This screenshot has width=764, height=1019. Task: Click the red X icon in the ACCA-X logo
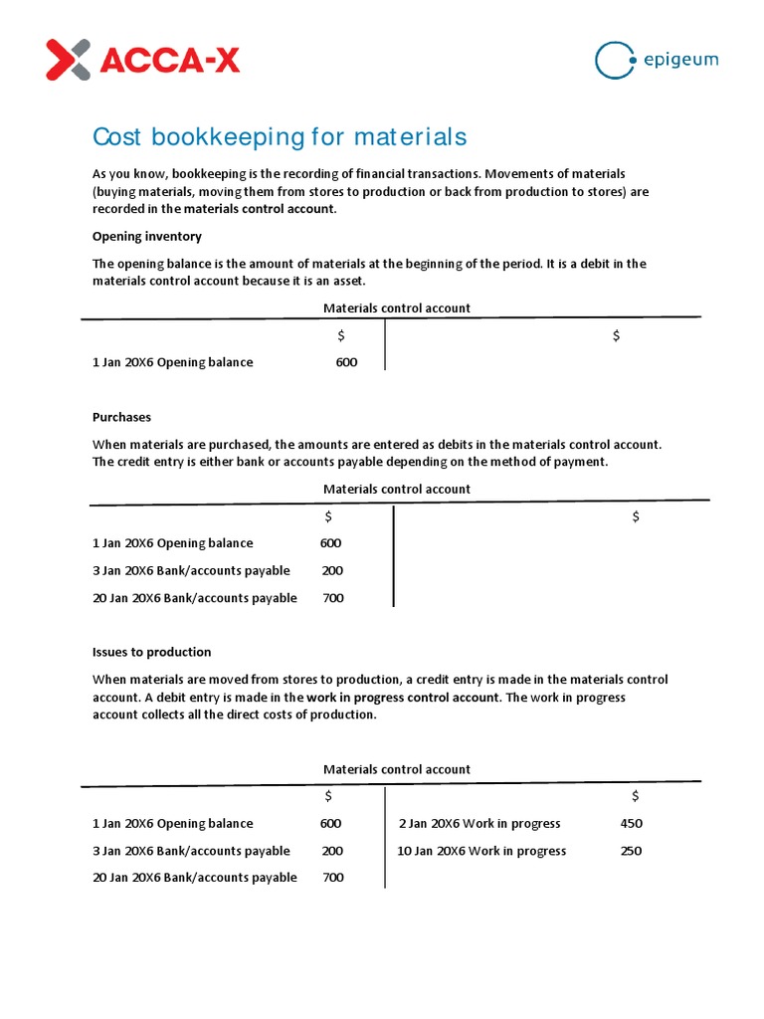68,60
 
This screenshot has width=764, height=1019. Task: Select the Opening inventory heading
146,237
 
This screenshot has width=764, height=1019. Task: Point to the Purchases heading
121,417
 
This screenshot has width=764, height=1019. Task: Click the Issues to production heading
151,652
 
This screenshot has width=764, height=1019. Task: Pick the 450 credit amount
631,823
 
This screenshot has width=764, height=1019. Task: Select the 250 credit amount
631,851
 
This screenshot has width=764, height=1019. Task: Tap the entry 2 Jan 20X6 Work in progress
479,823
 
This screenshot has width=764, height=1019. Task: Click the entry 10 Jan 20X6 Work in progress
481,851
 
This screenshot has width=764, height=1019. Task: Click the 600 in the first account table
346,362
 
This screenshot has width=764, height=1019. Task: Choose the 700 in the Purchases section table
332,598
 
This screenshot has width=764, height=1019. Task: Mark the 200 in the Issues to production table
332,851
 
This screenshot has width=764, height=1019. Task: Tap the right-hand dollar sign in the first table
616,336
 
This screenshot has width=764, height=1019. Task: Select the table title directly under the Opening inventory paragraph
397,308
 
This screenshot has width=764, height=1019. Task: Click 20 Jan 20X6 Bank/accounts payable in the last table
194,878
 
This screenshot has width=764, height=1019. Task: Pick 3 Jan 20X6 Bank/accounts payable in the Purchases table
191,570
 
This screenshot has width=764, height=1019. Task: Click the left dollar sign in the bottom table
328,796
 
